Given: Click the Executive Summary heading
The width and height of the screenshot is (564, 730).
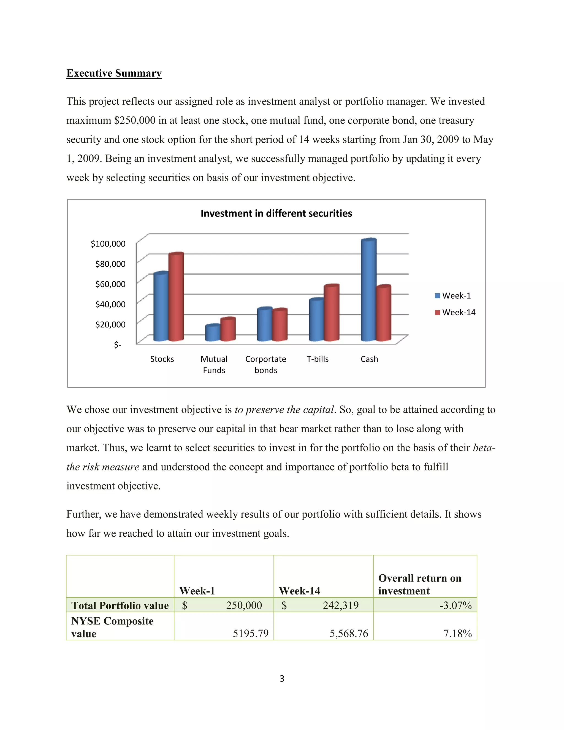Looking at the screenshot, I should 114,73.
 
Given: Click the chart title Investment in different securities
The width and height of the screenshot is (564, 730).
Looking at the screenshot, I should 276,213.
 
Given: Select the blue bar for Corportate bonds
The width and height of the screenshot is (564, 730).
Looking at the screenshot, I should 265,324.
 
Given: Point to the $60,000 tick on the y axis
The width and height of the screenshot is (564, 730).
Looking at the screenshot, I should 110,284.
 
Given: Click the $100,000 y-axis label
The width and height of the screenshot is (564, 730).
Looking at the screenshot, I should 108,244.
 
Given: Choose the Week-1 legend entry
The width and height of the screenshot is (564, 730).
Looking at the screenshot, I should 453,296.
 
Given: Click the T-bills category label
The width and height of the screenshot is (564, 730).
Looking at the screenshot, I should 318,359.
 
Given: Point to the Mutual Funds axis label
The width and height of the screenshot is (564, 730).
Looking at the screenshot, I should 214,364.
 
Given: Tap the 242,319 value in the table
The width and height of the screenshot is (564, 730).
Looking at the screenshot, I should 340,605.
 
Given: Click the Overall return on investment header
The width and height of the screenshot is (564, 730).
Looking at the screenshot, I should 420,584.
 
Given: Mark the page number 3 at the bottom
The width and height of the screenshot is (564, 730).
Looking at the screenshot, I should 282,678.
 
